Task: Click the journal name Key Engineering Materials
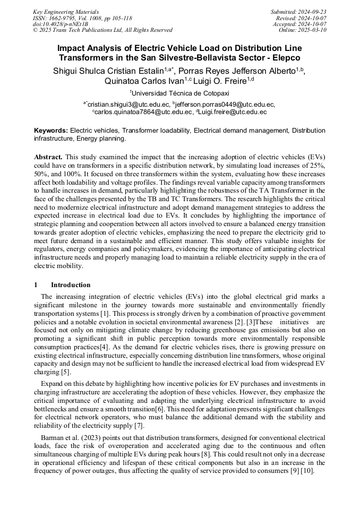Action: coord(65,12)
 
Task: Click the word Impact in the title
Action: coord(72,48)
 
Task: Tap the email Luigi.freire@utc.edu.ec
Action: coord(232,113)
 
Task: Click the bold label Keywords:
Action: coord(51,130)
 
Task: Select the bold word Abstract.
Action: coord(48,157)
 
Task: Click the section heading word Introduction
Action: coord(71,284)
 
